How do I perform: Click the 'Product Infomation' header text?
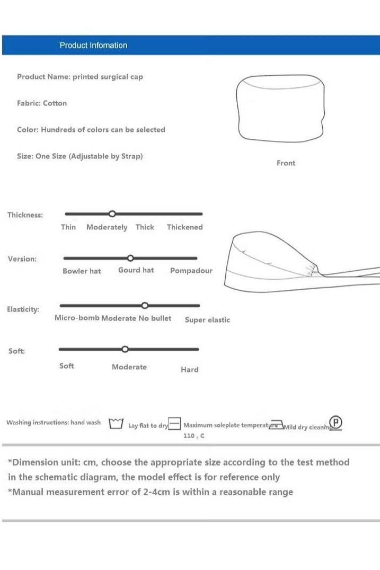pos(93,46)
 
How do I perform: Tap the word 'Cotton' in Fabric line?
pos(55,103)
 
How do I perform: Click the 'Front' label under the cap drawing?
pos(286,163)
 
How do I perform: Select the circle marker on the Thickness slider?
pos(112,213)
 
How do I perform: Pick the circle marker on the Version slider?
pos(130,258)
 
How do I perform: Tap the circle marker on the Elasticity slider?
pos(145,305)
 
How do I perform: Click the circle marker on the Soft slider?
pos(125,349)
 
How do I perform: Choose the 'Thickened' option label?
pos(184,227)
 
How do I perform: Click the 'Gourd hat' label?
pos(136,270)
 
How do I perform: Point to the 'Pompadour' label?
pos(191,271)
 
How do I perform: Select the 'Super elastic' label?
pos(207,320)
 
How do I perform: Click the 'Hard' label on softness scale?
pos(189,370)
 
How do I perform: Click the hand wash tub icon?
pos(116,423)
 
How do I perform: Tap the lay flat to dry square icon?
pos(175,424)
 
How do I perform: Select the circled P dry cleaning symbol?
pos(336,423)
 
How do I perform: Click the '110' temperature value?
pos(189,435)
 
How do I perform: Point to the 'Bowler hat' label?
pos(82,271)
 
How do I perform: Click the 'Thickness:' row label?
pos(25,215)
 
